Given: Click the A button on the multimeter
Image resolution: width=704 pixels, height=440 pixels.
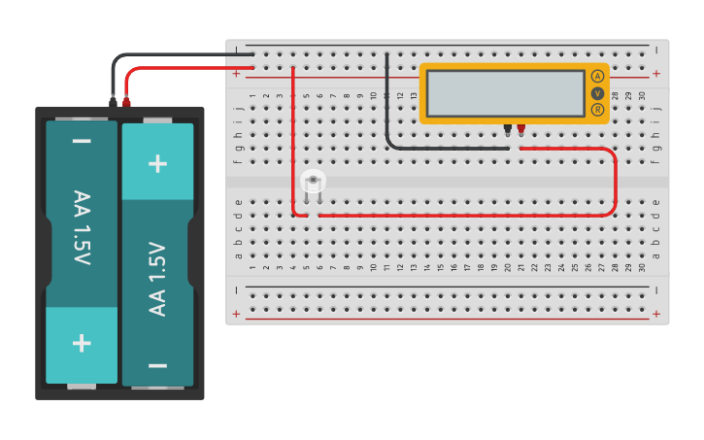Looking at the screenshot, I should click(597, 76).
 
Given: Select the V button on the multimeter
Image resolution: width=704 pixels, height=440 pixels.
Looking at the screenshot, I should click(597, 93).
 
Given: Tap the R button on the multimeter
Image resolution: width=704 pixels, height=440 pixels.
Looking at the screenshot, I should click(597, 110).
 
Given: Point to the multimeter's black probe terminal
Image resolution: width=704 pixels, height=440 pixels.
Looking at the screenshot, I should click(507, 128).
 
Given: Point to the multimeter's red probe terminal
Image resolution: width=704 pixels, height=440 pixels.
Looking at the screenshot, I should click(520, 128).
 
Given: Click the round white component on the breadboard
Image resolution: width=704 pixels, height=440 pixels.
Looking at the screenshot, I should click(313, 181).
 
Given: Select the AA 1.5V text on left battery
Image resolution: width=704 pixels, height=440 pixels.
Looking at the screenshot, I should click(82, 228).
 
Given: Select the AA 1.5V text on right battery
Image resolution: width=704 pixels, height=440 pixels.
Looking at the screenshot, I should click(157, 279).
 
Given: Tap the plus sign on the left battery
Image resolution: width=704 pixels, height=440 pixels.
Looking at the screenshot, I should click(82, 343).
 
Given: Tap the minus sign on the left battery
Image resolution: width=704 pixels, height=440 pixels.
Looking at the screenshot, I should click(82, 142).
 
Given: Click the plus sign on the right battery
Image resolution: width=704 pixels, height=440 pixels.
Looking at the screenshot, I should click(157, 162).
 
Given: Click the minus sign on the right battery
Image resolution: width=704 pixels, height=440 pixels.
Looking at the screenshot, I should click(157, 365).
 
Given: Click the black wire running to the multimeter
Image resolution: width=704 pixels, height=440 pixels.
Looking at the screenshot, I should click(387, 107).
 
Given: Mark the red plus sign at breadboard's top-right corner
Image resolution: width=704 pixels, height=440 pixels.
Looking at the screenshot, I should click(656, 73).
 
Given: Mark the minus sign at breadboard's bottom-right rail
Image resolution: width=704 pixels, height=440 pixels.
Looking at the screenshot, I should click(656, 289).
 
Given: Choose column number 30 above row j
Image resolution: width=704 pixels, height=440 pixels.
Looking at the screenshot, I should click(642, 94).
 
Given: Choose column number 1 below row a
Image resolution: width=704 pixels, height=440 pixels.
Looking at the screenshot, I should click(252, 267).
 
